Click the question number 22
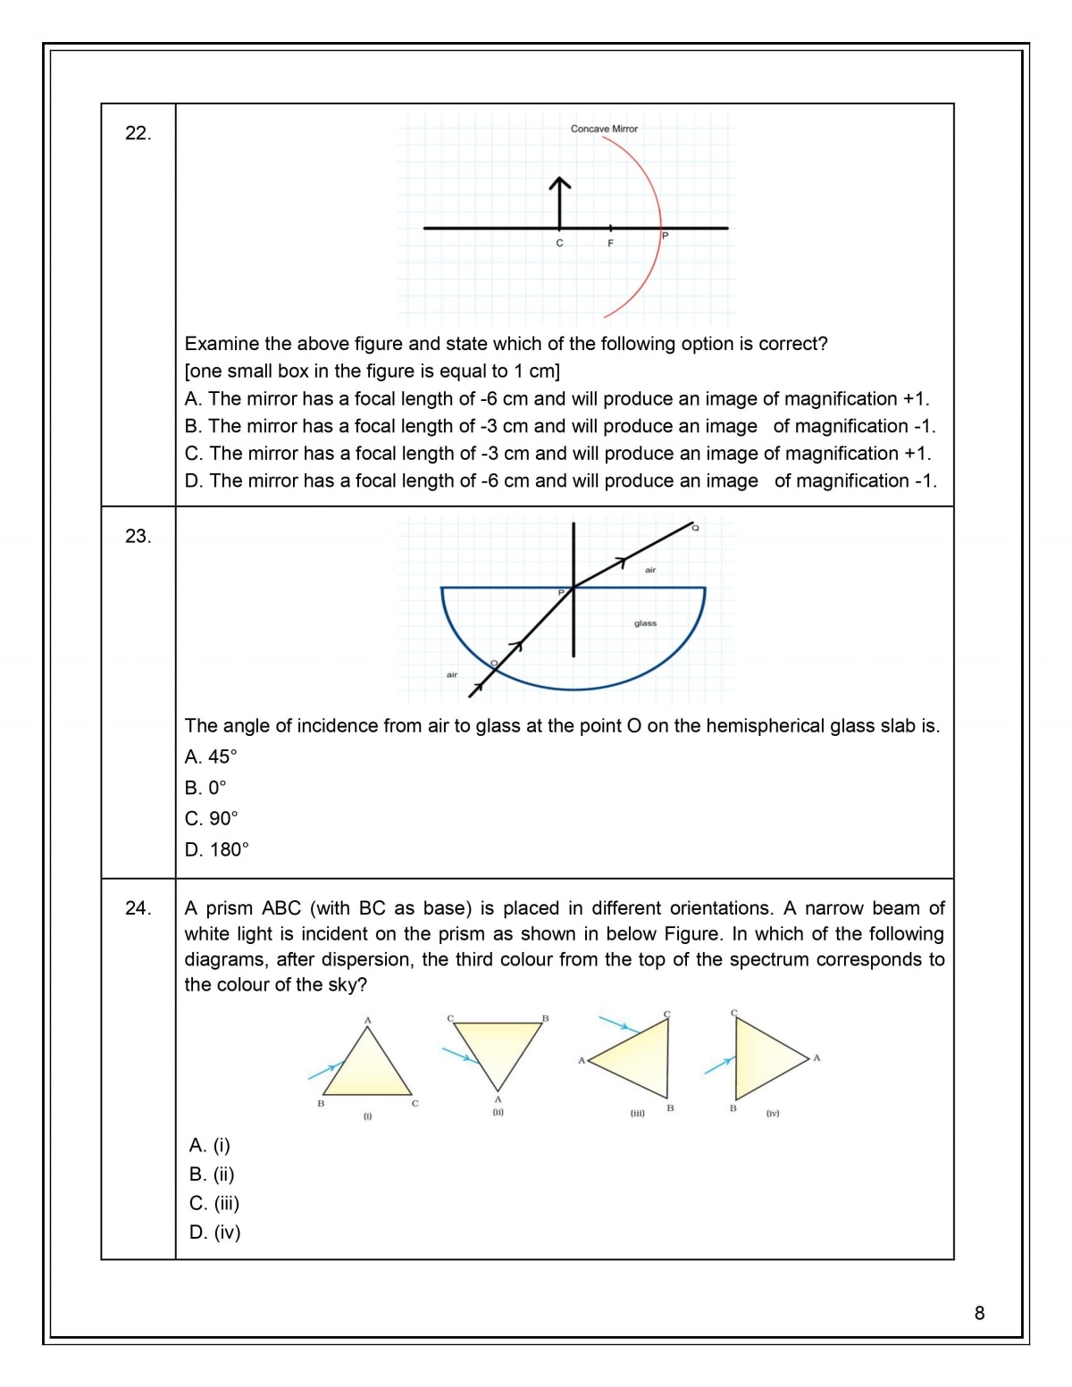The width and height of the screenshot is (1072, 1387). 138,133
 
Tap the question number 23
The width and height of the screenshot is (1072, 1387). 138,536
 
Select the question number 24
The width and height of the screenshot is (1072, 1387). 138,908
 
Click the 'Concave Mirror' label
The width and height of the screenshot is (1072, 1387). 604,129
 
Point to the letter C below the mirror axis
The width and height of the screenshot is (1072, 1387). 560,243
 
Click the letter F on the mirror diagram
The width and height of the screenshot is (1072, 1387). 611,243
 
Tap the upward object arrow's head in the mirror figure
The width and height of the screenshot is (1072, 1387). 560,183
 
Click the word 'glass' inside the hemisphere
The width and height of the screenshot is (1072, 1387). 645,623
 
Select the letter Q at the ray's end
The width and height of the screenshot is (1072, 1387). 695,528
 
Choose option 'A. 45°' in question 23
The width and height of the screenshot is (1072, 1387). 211,756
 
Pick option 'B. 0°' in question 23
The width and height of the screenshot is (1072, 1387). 205,788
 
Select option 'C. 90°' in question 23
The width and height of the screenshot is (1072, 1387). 212,818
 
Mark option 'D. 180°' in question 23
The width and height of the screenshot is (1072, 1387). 217,849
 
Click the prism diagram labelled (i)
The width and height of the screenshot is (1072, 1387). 367,1065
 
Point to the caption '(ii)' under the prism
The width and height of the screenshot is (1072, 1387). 498,1113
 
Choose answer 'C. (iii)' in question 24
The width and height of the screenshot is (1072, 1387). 214,1203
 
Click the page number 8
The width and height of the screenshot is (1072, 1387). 979,1313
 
